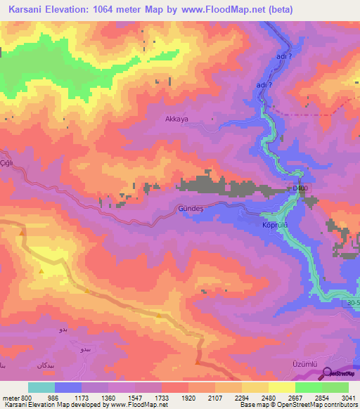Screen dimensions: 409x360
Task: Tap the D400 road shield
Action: pos(300,188)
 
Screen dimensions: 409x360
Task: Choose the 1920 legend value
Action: pos(188,397)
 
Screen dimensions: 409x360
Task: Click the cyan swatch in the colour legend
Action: pos(41,387)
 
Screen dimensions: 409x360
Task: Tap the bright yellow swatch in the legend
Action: pos(282,387)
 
